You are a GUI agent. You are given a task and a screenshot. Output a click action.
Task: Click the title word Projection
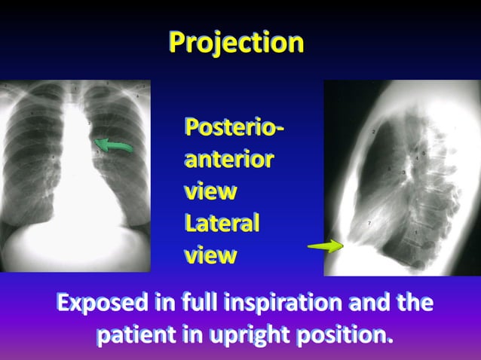click(236, 42)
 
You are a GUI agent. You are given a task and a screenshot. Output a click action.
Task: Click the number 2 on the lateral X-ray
click(373, 133)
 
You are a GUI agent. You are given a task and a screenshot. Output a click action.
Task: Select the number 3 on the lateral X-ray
click(403, 173)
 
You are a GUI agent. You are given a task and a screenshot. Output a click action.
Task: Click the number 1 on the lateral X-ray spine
click(416, 233)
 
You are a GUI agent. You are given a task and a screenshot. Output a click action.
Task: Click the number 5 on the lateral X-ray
click(424, 154)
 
